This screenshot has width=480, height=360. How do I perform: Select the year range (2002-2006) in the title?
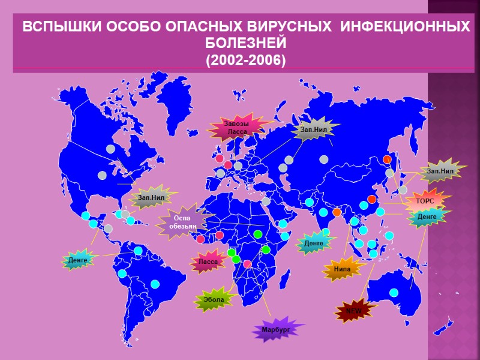click(246, 61)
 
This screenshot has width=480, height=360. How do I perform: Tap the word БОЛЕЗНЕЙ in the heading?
click(246, 44)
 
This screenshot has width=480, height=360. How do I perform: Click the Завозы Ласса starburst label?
click(236, 127)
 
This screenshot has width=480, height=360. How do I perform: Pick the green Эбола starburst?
click(214, 299)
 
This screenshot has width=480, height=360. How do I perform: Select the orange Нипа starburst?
click(343, 269)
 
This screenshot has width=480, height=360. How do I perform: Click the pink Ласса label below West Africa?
click(208, 262)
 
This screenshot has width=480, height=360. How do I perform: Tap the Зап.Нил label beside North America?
click(151, 196)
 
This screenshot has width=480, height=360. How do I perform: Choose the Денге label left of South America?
click(78, 260)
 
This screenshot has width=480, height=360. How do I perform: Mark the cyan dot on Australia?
click(394, 293)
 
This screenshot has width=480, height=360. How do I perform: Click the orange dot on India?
click(337, 212)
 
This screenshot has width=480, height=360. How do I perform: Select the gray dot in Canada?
click(110, 148)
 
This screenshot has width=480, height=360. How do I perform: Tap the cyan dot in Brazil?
click(155, 284)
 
